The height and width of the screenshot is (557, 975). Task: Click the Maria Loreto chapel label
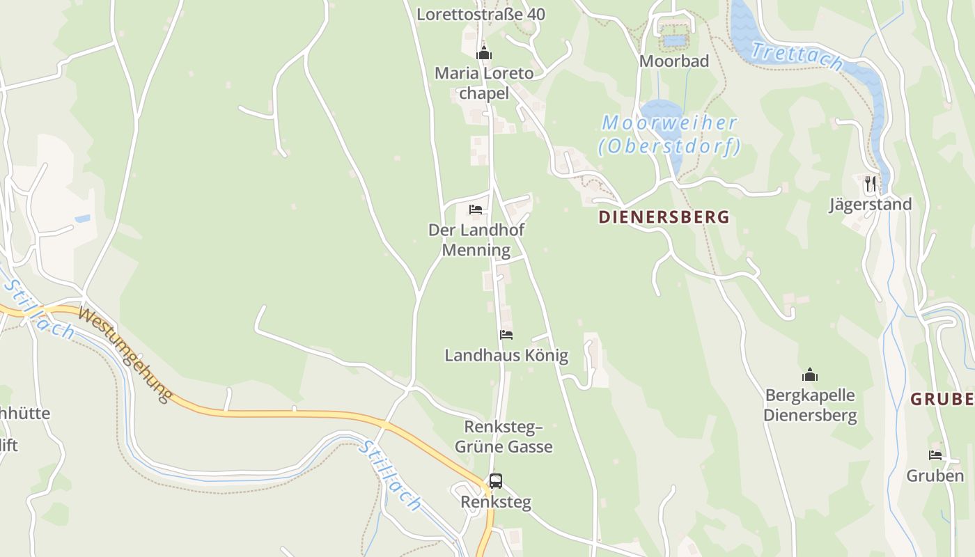tap(484, 83)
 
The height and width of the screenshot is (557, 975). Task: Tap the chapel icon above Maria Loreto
tap(484, 53)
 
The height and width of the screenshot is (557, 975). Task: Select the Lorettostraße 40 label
tap(481, 14)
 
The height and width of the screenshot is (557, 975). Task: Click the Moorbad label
tap(674, 61)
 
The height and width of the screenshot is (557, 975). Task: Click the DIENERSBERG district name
tap(664, 217)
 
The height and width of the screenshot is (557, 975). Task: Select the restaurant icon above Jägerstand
tap(871, 184)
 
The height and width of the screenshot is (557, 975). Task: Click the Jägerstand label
tap(871, 204)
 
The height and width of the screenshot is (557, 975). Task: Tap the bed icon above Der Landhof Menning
tap(476, 209)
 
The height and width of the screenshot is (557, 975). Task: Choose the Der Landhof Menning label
tap(476, 240)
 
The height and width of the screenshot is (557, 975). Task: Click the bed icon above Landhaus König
tap(506, 335)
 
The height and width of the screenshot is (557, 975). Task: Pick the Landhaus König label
tap(506, 356)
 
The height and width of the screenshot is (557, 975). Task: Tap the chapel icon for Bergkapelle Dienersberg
tap(810, 375)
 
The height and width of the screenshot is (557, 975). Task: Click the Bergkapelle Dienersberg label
tap(810, 405)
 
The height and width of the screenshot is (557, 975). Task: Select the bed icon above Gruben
tap(935, 455)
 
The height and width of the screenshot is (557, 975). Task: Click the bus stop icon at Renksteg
tap(495, 480)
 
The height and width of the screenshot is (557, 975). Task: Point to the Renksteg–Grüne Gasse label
tap(504, 437)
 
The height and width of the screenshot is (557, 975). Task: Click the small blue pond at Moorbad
tap(673, 40)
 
